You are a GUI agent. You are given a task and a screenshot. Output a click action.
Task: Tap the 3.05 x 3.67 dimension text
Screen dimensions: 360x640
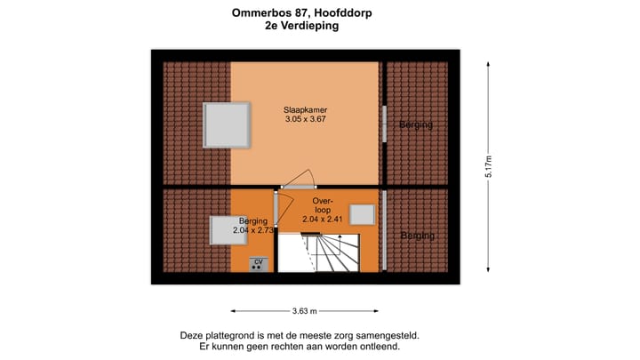tap(306, 119)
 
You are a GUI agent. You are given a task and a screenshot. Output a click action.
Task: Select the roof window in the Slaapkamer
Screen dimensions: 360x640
tap(226, 124)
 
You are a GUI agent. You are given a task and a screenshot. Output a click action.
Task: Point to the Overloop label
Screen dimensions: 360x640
tap(322, 206)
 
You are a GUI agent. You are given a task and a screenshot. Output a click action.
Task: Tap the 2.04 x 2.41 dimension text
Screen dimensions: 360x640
tap(322, 219)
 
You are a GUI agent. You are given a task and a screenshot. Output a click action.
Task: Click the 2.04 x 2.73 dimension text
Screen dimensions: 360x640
tap(252, 230)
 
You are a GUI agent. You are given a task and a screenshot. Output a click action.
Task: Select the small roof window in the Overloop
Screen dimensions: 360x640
tap(362, 214)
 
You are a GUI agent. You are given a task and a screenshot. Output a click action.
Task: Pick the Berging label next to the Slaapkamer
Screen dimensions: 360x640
tap(415, 124)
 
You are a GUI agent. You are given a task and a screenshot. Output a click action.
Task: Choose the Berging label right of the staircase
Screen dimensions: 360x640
tap(417, 236)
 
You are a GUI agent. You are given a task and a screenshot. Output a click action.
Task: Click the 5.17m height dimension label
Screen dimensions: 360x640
tap(488, 166)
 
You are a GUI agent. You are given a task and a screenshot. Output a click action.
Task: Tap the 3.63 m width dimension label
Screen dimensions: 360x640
tap(305, 311)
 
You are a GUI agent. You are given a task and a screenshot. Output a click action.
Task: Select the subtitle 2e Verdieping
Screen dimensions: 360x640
tap(301, 26)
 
